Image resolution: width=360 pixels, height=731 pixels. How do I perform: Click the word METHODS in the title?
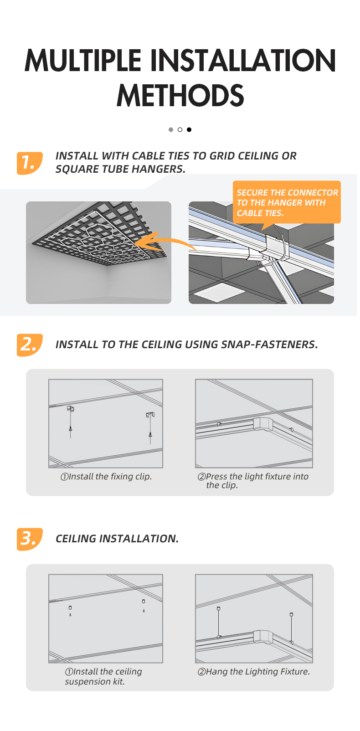(180, 95)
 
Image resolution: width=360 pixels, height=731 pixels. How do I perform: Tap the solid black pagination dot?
(189, 129)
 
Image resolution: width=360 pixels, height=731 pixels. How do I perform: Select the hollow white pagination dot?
(180, 129)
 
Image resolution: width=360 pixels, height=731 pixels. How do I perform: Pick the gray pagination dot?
(171, 129)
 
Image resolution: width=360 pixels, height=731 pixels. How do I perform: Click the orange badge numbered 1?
(30, 163)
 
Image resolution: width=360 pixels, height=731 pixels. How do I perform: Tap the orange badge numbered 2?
(30, 345)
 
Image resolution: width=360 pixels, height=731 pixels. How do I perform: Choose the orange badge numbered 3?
(30, 539)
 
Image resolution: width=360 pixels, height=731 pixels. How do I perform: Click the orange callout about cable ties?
(287, 203)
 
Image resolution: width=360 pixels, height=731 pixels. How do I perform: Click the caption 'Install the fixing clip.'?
(106, 476)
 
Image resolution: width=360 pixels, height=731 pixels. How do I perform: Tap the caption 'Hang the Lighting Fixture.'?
(254, 672)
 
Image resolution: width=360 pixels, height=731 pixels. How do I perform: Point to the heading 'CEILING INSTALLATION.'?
(117, 539)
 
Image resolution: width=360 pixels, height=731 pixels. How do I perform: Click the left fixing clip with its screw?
(71, 422)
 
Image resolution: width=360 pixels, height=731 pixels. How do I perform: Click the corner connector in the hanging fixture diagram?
(263, 637)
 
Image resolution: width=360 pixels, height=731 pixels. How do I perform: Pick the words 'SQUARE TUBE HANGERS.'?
(120, 169)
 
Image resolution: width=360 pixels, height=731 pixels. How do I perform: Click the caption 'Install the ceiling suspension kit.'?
(103, 676)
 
